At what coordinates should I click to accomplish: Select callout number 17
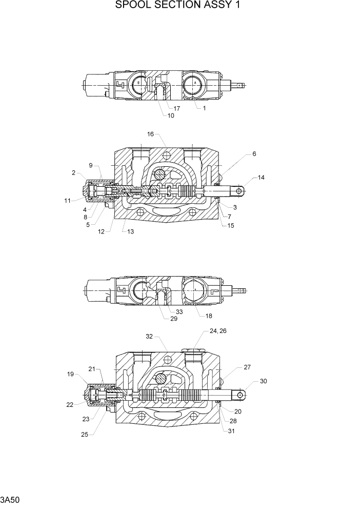point(176,108)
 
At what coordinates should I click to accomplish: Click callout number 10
point(170,115)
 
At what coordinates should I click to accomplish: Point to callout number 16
point(150,134)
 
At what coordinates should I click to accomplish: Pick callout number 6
point(254,153)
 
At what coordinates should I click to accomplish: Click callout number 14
point(261,178)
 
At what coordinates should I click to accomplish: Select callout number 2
point(74,173)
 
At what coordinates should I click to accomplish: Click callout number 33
point(179,311)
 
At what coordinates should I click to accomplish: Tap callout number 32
point(149,337)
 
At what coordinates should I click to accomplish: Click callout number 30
point(264,381)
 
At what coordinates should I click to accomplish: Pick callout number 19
point(70,374)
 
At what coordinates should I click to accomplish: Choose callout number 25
point(85,435)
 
